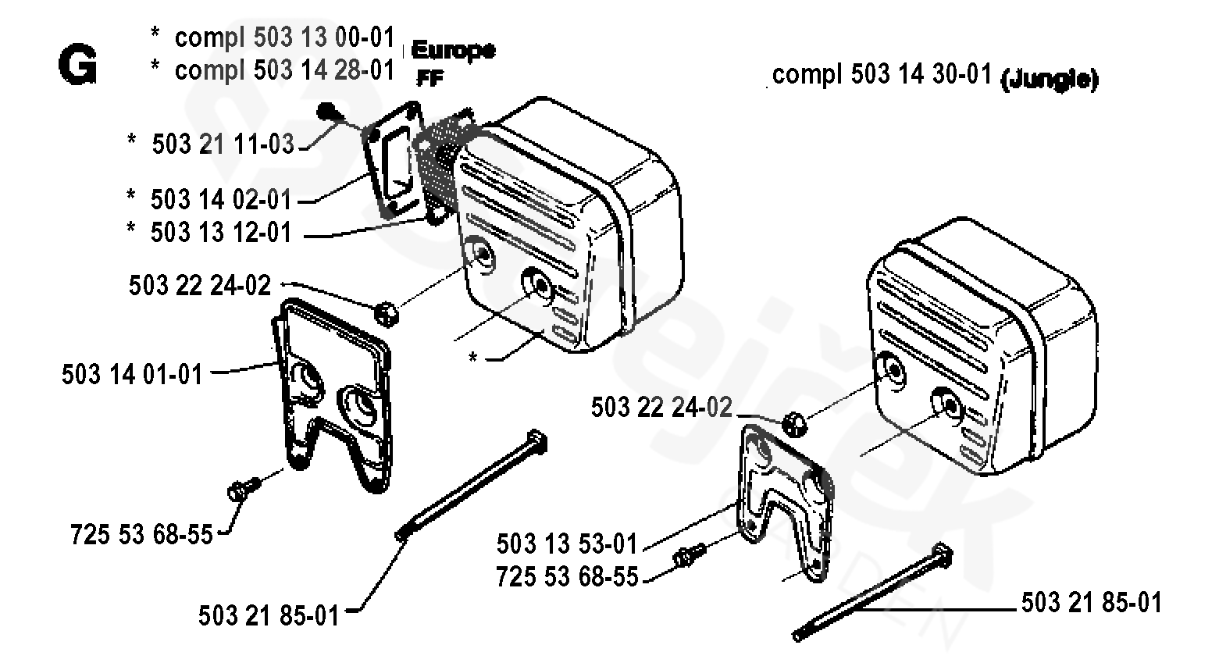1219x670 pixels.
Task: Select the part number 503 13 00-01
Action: tap(323, 37)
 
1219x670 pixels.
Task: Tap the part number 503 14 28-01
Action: tap(323, 70)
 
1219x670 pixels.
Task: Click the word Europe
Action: tap(452, 51)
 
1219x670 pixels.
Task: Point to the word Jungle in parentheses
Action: tap(1049, 78)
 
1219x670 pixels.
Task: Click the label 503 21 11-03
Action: tap(223, 144)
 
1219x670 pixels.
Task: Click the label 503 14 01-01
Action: tap(132, 375)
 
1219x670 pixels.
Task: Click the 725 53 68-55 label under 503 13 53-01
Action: tap(566, 577)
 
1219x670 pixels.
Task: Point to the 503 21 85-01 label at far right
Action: tap(1091, 603)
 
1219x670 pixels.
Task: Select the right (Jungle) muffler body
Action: tap(984, 344)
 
